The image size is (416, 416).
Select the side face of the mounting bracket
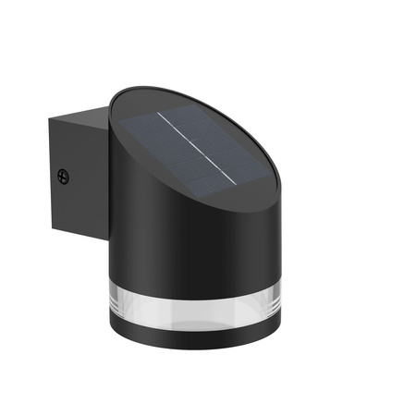coord(74,176)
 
